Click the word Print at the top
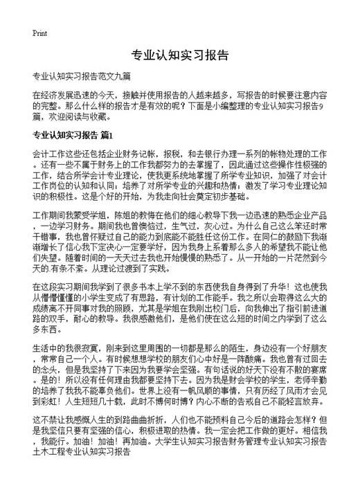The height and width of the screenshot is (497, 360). click(x=39, y=33)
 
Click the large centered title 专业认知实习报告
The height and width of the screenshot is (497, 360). click(x=180, y=55)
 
